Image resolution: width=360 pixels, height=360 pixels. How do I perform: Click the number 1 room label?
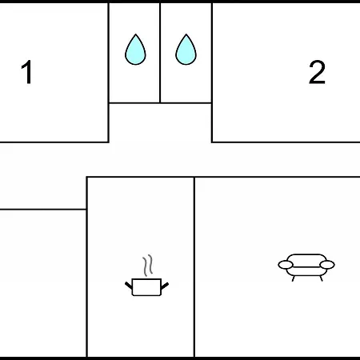coord(27,72)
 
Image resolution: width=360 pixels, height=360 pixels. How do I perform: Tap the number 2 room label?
coord(317,72)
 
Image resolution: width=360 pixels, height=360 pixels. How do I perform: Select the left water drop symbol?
coord(135,50)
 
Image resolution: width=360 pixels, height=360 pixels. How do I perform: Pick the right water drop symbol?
coord(186,50)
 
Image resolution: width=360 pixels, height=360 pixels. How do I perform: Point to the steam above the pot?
coord(148,266)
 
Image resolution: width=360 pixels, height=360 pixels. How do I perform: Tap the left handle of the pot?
coord(129,285)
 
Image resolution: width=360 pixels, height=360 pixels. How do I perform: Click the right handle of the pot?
coord(165,286)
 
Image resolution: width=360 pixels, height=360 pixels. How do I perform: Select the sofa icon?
coord(306,267)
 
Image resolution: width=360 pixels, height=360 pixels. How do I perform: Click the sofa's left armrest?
coord(286,265)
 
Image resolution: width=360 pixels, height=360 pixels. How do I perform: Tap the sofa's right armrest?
coord(327,265)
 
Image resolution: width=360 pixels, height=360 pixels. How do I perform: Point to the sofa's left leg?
coord(293,278)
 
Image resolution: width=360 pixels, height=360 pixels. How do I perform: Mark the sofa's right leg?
coord(321,278)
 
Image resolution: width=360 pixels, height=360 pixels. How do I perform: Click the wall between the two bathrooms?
coord(160,53)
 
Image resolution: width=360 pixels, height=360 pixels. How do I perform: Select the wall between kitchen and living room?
coord(194,266)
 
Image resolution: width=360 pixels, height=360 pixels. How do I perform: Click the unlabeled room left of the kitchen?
coord(42,283)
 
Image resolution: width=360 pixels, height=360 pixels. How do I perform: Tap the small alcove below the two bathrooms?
coord(160,122)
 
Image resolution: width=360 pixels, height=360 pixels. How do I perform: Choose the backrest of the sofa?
coord(306,260)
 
